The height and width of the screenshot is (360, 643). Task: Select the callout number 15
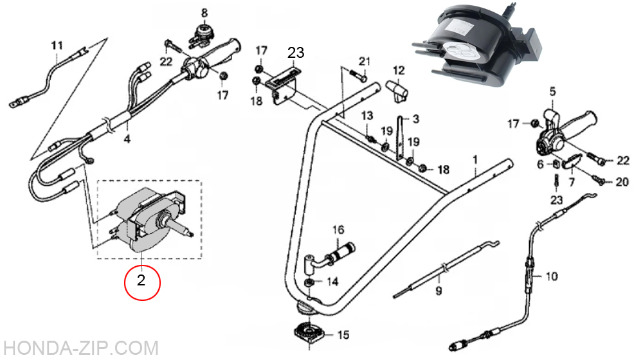pos(343,334)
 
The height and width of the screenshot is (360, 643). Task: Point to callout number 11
pos(57,45)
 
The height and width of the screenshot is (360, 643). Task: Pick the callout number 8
pos(204,13)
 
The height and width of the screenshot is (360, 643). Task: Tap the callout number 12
pos(398,71)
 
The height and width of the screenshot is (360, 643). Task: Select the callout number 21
pos(364,62)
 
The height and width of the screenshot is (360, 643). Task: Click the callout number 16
pos(338,230)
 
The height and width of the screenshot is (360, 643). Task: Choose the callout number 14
pos(332,282)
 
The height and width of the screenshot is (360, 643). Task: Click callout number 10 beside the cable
pos(552,276)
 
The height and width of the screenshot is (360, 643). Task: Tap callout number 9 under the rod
pos(439,291)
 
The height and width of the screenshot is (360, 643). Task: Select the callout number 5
pos(552,91)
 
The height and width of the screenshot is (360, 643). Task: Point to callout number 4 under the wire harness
pos(127,139)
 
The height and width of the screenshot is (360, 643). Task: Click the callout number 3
pos(415,120)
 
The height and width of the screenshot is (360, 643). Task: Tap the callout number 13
pos(367,116)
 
